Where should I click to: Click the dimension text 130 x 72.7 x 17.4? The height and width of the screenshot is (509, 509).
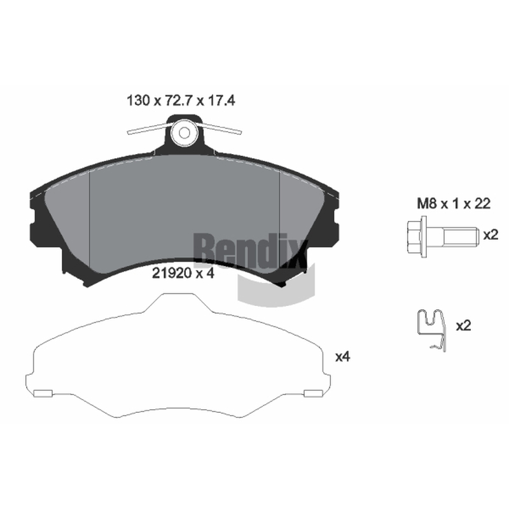coord(181,101)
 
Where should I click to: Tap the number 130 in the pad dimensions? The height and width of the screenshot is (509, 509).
coord(138,101)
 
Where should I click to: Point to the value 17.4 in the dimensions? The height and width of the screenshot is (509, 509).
coord(221,101)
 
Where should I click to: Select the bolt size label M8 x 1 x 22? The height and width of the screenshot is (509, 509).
coord(454,204)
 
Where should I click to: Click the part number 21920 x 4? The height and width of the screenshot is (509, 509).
coord(183,274)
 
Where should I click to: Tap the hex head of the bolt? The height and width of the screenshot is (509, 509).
coord(416,237)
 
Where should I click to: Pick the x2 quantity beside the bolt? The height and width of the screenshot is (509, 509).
coord(491,235)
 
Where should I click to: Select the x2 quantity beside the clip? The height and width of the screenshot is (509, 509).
coord(463,326)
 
